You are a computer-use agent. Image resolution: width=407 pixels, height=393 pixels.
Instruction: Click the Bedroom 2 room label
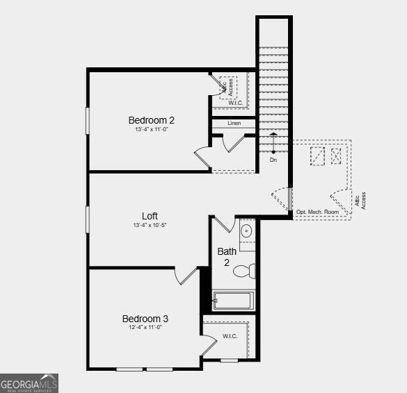coord(151,120)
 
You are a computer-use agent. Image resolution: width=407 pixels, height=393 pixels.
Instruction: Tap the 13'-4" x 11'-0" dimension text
coord(151,130)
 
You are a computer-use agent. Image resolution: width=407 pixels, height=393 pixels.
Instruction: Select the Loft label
coord(150,216)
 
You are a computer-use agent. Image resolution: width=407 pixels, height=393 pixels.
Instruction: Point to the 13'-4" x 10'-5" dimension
coord(150,225)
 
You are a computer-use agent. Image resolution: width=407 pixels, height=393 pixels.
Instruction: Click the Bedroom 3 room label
coord(145,319)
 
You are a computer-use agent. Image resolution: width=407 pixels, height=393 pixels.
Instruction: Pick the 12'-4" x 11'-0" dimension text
coord(145,328)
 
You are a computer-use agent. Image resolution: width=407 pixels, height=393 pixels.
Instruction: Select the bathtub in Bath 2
coord(234,301)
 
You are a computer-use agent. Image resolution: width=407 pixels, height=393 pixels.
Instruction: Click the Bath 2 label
coord(227,257)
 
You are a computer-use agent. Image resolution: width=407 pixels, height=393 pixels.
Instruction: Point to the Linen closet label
coord(234,123)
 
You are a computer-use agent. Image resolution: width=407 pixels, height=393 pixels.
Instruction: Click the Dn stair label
coord(273,160)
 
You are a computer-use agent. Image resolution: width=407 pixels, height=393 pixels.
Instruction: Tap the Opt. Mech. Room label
coord(317,212)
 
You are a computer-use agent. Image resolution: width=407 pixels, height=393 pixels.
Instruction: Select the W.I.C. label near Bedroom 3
coord(230,336)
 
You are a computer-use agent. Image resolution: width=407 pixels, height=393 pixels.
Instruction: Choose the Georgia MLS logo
coord(29,383)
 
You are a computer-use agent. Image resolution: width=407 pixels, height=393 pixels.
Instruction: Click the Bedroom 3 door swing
coord(186,276)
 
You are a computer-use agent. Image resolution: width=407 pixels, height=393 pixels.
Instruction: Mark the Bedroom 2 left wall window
coord(88,120)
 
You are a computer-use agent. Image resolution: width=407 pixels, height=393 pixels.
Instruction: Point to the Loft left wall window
coord(88,219)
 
